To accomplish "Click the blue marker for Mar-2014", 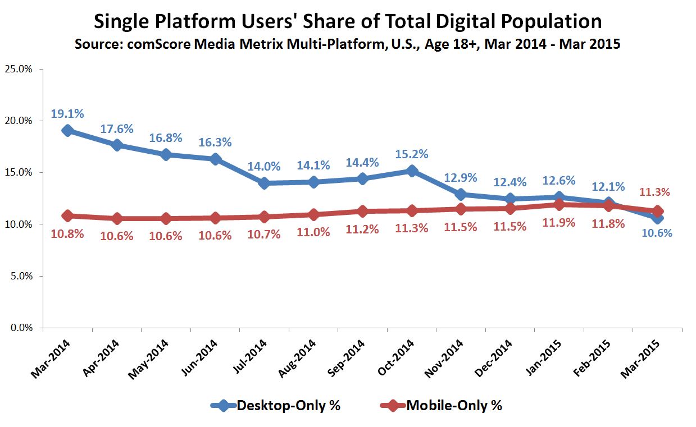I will (67, 130).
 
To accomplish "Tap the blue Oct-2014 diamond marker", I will (412, 171).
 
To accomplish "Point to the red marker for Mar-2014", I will (67, 215).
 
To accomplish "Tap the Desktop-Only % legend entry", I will (275, 405).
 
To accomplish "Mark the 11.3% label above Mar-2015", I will (654, 192).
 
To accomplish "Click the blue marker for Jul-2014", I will (264, 183).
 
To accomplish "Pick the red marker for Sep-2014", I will (363, 211).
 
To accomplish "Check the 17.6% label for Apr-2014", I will (117, 128).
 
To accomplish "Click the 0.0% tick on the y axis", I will (20, 328).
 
